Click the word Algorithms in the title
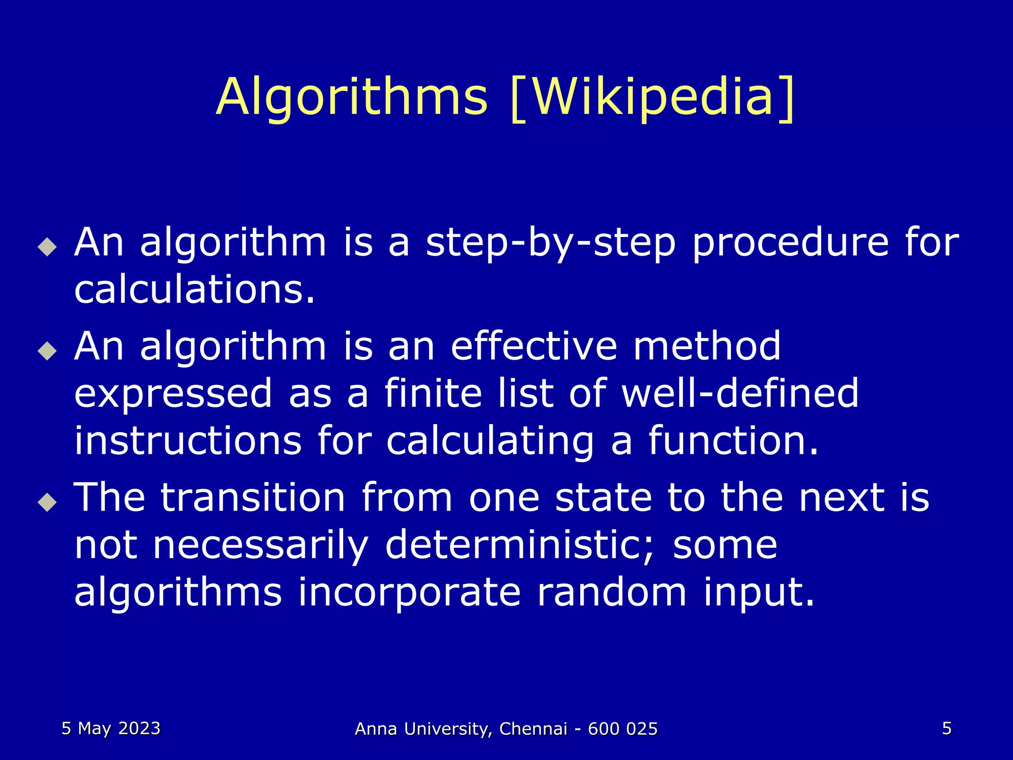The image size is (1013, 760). [352, 97]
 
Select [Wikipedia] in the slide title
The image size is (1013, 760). [652, 97]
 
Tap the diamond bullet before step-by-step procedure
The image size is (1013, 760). [47, 246]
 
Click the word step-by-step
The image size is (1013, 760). [550, 243]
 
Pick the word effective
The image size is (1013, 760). [534, 346]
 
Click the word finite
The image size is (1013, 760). [433, 393]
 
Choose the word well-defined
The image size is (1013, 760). [740, 393]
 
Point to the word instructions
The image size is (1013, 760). [188, 440]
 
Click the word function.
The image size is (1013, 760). [733, 440]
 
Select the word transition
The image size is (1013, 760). [253, 497]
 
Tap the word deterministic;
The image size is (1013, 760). [519, 545]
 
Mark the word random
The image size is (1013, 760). [611, 592]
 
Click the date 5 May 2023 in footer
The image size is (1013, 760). [111, 729]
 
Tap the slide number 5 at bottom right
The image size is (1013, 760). [947, 729]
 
